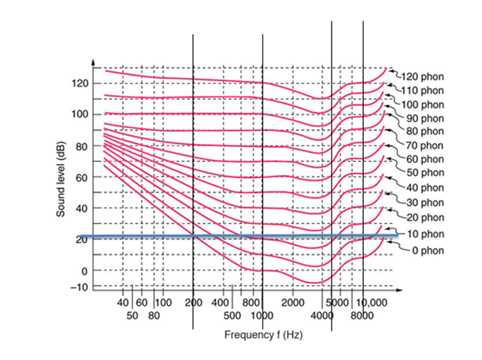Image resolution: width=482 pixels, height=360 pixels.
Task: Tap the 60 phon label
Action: point(424,159)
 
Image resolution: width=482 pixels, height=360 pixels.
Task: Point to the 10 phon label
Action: point(425,234)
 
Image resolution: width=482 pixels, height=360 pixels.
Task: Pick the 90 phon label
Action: point(424,118)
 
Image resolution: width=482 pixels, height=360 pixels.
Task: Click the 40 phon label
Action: point(424,188)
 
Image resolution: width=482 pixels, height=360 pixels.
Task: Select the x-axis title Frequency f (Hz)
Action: point(263,334)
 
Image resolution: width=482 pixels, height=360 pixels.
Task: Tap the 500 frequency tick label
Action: point(233,315)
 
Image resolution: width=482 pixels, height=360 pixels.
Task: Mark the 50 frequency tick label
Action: point(133,315)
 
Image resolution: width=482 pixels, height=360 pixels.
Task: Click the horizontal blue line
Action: point(242,235)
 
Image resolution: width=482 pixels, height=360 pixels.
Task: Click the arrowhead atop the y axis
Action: point(93,62)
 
